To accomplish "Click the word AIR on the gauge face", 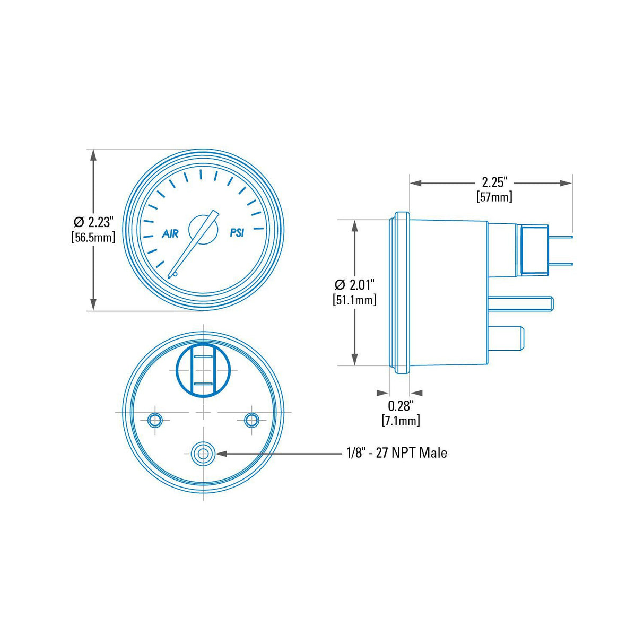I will click(x=170, y=233).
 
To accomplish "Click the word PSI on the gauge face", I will click(x=237, y=233).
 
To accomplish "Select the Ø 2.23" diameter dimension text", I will click(x=94, y=221).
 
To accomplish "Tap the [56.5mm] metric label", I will click(x=93, y=237).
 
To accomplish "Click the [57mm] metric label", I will click(x=494, y=197).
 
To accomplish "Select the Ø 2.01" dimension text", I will click(x=355, y=284).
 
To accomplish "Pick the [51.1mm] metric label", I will click(x=355, y=300).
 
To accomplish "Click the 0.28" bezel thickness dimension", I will click(x=400, y=406).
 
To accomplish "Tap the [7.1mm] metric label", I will click(x=401, y=421).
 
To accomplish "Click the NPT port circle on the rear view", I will click(x=203, y=454).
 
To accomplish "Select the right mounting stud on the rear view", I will click(x=251, y=421).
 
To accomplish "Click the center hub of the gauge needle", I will click(x=203, y=229).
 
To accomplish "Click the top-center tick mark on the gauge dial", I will click(x=201, y=174).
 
